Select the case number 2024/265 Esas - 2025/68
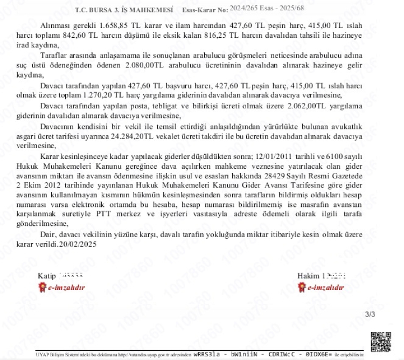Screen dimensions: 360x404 266,8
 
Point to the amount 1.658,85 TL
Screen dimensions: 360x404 102,25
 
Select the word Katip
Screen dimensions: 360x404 46,276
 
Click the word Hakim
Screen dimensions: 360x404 309,276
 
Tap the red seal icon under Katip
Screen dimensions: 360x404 42,287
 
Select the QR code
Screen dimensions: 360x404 381,341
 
